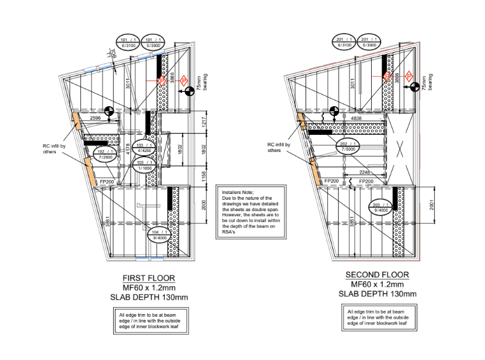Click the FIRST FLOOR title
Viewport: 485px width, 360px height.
coord(148,278)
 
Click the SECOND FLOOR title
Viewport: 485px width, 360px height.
coord(377,275)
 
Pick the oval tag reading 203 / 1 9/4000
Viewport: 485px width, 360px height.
coord(381,207)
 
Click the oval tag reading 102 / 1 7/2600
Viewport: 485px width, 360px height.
coord(106,155)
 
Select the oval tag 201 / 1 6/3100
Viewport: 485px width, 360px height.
coord(344,42)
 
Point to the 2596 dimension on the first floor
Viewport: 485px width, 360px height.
coord(95,118)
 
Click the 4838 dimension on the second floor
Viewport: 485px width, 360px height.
coord(356,118)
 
